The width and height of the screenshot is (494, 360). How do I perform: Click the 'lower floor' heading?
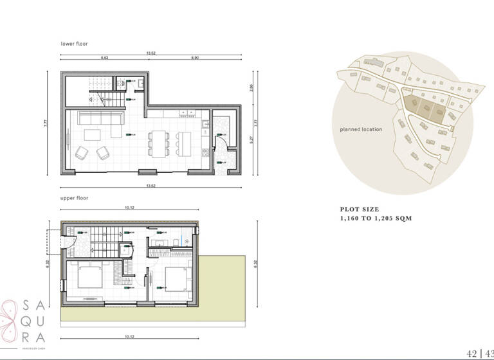(74, 44)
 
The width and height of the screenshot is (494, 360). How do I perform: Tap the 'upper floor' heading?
(74, 199)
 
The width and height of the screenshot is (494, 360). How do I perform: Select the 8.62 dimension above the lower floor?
(104, 59)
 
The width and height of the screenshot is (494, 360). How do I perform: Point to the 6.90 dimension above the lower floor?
(194, 59)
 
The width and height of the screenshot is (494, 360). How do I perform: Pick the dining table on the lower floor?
(158, 142)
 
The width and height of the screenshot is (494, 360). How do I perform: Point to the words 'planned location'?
(361, 129)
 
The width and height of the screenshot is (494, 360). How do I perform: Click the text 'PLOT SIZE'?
(360, 210)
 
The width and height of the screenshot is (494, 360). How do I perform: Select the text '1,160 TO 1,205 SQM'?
(376, 219)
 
